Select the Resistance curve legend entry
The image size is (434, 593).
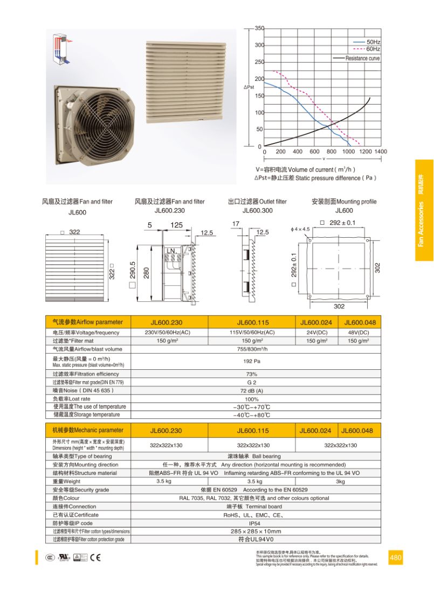click(x=362, y=58)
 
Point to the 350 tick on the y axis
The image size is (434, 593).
click(x=259, y=28)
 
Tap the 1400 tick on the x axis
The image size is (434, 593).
click(x=380, y=152)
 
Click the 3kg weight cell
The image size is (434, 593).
click(x=340, y=481)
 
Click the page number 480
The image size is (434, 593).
click(x=395, y=557)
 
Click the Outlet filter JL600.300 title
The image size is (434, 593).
click(x=257, y=206)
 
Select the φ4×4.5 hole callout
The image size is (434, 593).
click(x=300, y=229)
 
